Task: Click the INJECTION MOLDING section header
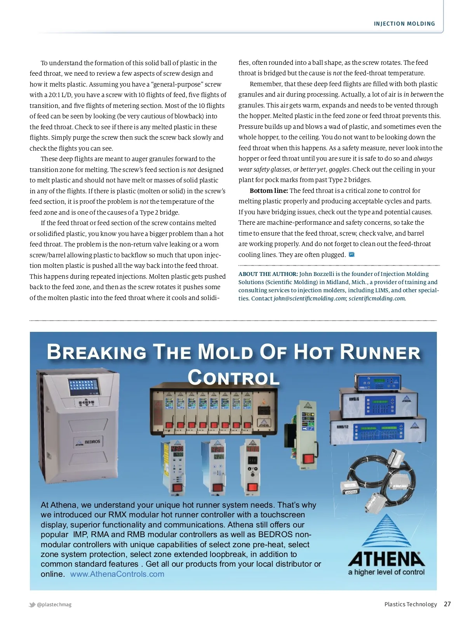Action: pos(404,24)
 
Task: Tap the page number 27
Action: pos(447,604)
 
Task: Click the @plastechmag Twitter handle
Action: pos(54,604)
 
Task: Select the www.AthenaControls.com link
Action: pos(117,574)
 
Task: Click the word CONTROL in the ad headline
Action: pos(233,378)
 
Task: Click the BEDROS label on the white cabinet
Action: pos(92,442)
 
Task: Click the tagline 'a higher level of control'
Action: pos(386,572)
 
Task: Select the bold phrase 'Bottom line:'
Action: pos(269,191)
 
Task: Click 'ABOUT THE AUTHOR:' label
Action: pos(268,274)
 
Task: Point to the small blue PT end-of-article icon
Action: pos(351,255)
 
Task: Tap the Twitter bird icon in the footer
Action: pos(32,604)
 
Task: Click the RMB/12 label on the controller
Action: pos(343,427)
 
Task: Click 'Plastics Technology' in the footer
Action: pos(410,604)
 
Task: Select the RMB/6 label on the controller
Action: pos(353,399)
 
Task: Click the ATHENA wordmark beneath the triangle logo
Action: pos(386,559)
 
